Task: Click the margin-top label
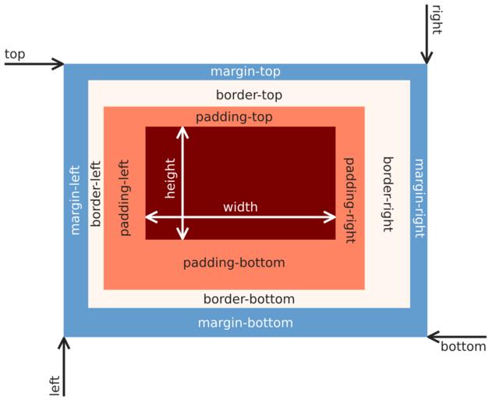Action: click(245, 72)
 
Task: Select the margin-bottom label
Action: click(245, 323)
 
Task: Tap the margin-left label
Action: click(76, 200)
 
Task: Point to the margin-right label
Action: click(418, 198)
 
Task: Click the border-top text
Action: click(249, 95)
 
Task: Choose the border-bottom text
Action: click(249, 299)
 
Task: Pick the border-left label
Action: click(96, 194)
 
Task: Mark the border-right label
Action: click(387, 195)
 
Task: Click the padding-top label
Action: click(234, 117)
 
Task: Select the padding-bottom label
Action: click(234, 262)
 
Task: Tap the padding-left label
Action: click(125, 198)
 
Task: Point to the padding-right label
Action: click(349, 198)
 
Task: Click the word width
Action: click(240, 207)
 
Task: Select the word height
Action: click(171, 179)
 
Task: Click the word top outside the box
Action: click(15, 54)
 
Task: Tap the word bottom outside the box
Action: click(463, 347)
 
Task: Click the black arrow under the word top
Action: click(34, 64)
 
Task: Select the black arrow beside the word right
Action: click(427, 34)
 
